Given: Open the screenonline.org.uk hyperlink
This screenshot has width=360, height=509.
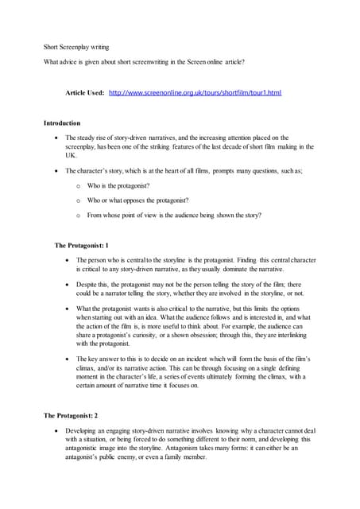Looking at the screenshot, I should click(195, 93).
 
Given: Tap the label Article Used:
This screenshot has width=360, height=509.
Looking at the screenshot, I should click(84, 93).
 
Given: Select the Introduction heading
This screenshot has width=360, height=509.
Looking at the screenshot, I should click(61, 123).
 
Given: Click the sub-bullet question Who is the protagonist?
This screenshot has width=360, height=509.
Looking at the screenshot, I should click(119, 185).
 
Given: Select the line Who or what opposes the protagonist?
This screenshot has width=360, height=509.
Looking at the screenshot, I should click(137, 200).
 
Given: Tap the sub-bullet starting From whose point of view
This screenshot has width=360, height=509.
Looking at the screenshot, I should click(174, 215).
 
